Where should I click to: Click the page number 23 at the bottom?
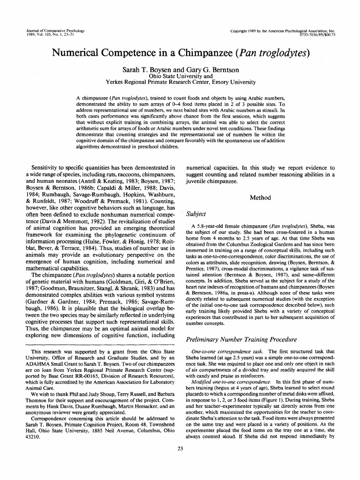pos(180,462)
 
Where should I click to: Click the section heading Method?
pos(260,198)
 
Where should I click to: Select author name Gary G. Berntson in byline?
pos(212,70)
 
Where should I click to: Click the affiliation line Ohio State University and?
pos(180,76)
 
